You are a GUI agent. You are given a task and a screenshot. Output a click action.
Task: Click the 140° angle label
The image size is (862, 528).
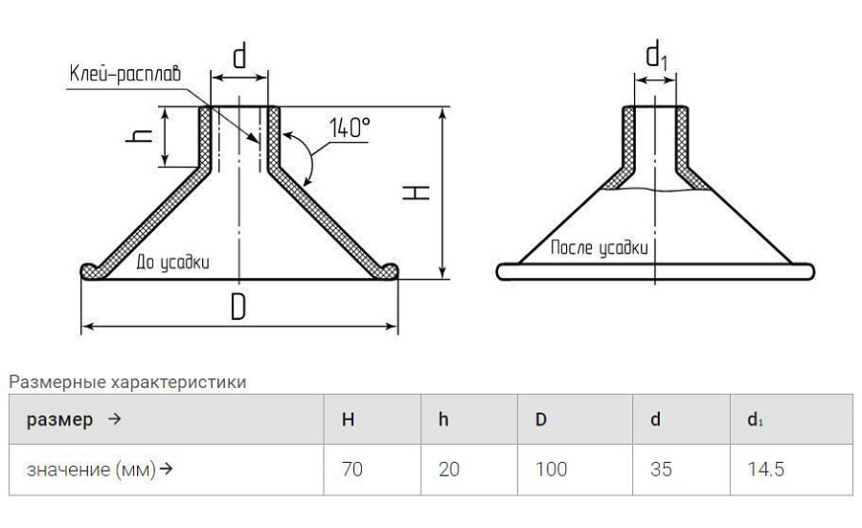[x=350, y=127]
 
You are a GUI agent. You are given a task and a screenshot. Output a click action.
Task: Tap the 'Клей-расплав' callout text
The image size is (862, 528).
[x=125, y=73]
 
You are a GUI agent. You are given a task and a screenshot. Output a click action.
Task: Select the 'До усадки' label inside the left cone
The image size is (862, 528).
[x=172, y=263]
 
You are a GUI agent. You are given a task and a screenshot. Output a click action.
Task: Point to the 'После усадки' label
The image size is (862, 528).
[x=600, y=248]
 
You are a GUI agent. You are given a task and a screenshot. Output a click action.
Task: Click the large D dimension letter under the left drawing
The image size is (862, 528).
[x=238, y=307]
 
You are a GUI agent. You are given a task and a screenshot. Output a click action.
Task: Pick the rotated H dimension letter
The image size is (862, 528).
[x=416, y=192]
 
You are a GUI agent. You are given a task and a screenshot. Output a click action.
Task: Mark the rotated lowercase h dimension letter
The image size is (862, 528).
[x=139, y=135]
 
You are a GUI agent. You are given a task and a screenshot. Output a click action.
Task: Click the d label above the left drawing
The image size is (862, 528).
[x=239, y=56]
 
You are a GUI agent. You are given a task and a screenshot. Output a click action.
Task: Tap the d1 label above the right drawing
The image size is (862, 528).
[x=656, y=57]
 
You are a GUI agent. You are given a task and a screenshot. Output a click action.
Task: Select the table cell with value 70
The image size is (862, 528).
[x=352, y=470]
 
